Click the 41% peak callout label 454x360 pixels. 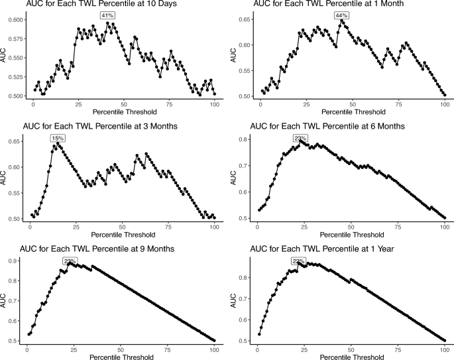click(106, 15)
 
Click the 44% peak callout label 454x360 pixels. click(342, 15)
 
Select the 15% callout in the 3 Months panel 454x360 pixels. click(57, 138)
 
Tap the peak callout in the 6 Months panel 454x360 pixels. click(300, 138)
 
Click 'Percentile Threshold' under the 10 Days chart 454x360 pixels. click(124, 113)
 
